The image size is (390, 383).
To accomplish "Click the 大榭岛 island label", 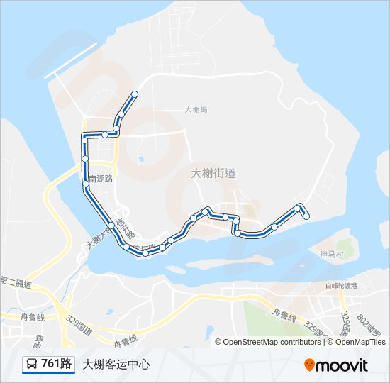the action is click(195, 110).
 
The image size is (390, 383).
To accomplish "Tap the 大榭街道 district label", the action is click(213, 172).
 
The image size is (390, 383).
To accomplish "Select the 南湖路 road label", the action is click(101, 179).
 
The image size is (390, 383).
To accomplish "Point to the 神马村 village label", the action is click(331, 253).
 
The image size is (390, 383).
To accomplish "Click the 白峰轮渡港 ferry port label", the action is click(342, 285).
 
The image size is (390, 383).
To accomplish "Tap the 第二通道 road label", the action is click(16, 284).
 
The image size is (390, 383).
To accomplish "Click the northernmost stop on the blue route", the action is click(135, 94).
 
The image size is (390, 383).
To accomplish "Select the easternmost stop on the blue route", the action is click(306, 216).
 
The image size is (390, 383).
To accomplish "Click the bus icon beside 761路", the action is click(33, 365).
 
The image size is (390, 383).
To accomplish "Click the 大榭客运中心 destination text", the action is click(116, 365).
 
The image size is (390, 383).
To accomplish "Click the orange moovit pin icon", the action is click(310, 365).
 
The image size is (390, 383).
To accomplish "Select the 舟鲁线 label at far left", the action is click(32, 317).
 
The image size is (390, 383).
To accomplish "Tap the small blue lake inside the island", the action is click(140, 159).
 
